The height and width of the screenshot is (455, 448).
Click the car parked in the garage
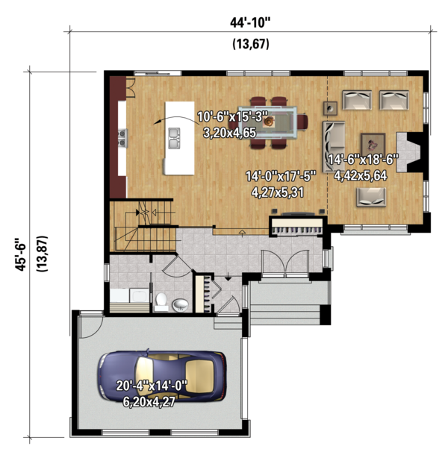(x=162, y=376)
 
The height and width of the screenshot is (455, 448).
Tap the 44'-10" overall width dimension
(x=250, y=22)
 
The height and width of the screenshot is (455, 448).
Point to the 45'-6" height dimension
(x=21, y=255)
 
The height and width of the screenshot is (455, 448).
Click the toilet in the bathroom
(x=161, y=301)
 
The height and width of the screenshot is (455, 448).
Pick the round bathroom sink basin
(x=180, y=305)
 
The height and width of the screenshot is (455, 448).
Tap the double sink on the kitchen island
(x=174, y=139)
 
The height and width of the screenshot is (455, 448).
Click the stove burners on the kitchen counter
(x=122, y=138)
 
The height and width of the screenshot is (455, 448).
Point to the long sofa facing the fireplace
(x=334, y=146)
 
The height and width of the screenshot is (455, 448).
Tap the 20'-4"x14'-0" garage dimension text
(x=152, y=386)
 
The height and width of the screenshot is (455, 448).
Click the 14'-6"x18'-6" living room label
(x=363, y=160)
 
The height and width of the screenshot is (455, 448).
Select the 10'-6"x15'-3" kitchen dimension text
(x=232, y=116)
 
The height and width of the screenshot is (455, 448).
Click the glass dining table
(x=267, y=122)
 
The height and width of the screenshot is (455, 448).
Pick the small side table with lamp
(x=330, y=108)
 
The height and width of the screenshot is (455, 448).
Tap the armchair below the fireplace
(x=371, y=197)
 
